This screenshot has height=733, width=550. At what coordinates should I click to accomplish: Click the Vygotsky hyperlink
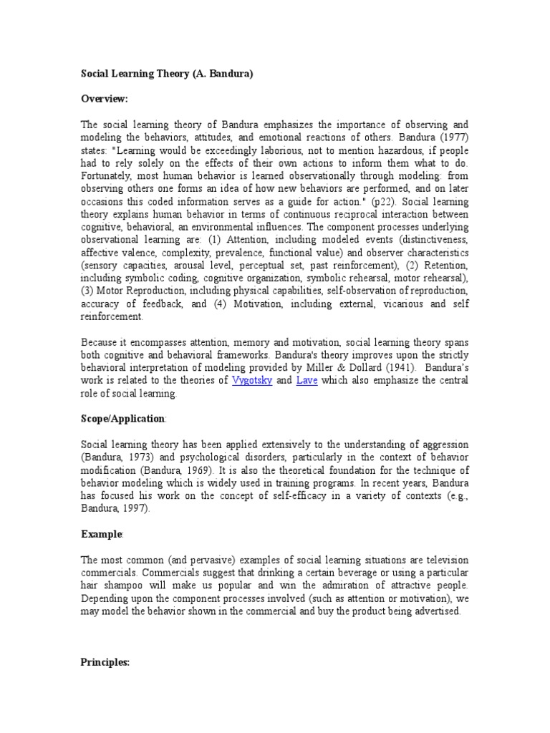click(252, 381)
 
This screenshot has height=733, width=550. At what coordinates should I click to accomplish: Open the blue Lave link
click(306, 381)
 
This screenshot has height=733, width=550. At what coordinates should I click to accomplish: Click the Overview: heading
click(105, 99)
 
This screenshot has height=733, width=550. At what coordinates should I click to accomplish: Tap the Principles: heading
click(105, 663)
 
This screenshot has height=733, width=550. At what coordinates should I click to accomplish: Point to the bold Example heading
click(102, 534)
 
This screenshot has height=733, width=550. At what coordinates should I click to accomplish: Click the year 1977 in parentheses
click(446, 137)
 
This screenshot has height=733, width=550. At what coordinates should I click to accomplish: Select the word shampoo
click(123, 586)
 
